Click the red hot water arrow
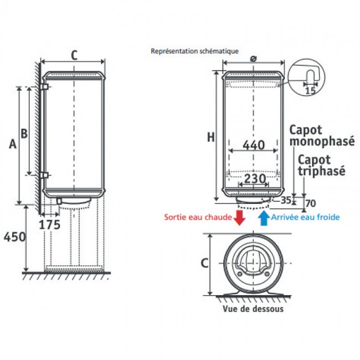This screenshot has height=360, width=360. click(x=239, y=218)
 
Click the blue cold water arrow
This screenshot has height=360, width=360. click(x=264, y=218)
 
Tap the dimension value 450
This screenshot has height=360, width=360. click(x=14, y=236)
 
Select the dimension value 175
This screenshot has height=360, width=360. click(x=50, y=224)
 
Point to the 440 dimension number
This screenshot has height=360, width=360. click(x=254, y=145)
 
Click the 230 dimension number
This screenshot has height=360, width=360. click(x=255, y=179)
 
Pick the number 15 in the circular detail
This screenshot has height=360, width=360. click(x=310, y=90)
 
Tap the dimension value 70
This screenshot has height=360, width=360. click(x=311, y=203)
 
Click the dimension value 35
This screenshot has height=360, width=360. click(x=286, y=200)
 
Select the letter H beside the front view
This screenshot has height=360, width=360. click(x=211, y=137)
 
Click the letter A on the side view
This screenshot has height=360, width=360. click(x=13, y=144)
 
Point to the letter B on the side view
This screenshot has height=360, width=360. click(x=24, y=133)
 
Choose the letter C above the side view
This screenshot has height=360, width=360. click(x=74, y=55)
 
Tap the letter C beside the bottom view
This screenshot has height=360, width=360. click(x=204, y=263)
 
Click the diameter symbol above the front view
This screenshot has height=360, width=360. click(x=253, y=59)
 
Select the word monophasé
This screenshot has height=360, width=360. click(x=322, y=141)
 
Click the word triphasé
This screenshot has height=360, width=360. click(x=321, y=171)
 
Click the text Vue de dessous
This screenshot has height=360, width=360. click(x=253, y=309)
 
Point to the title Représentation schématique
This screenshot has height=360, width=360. click(x=195, y=51)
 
